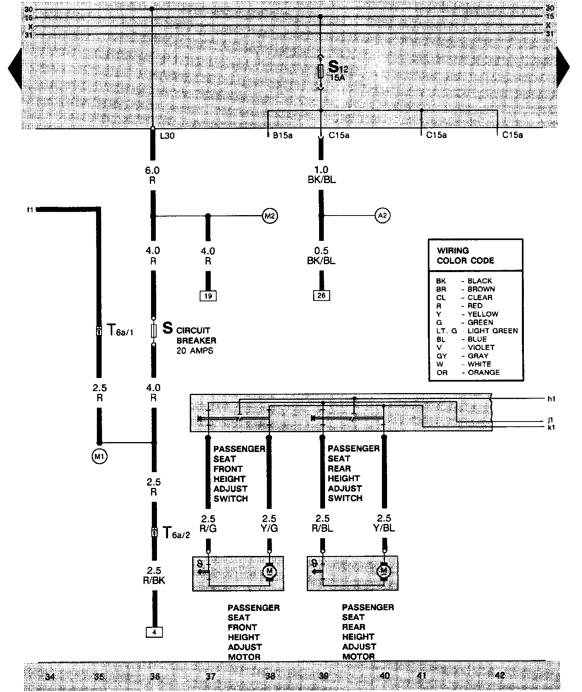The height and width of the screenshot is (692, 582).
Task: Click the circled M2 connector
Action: click(270, 216)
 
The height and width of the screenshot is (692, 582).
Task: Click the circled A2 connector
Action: click(382, 216)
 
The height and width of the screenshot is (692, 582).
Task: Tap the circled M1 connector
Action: click(99, 457)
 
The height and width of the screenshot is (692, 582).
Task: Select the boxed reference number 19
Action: click(208, 296)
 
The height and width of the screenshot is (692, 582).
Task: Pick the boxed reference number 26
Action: click(321, 295)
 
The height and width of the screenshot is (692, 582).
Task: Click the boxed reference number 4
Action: click(154, 632)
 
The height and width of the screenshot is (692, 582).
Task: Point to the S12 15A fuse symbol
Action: click(321, 72)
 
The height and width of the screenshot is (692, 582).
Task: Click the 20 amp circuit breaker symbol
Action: click(154, 331)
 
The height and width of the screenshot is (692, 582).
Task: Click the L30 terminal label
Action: click(167, 136)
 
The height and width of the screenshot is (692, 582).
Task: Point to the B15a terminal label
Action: click(282, 136)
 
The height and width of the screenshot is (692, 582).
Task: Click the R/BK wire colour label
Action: click(154, 580)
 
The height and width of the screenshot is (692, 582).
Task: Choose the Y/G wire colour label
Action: click(269, 528)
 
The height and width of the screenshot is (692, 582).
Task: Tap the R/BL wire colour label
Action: click(323, 528)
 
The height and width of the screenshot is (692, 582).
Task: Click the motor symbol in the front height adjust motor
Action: click(270, 571)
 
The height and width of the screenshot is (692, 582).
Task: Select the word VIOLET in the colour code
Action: click(481, 347)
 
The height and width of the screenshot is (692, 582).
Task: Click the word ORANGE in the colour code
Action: click(483, 372)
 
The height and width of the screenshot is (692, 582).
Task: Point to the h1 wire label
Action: click(551, 399)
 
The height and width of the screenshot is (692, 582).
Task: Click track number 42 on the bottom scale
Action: click(500, 675)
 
